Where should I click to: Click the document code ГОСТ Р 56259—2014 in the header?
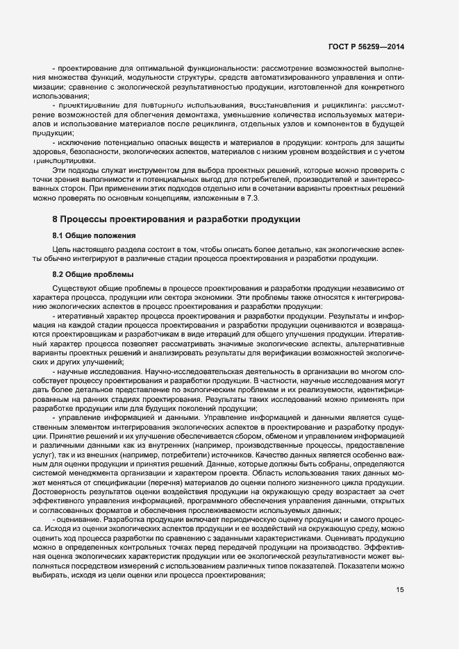(x=365, y=47)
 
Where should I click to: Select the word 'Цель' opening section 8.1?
(x=61, y=248)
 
